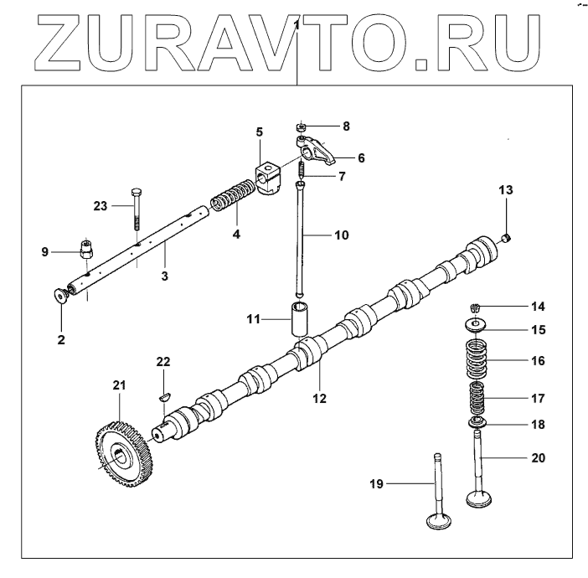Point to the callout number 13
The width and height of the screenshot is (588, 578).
[x=503, y=191]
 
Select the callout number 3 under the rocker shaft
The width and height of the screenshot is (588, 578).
[x=164, y=276]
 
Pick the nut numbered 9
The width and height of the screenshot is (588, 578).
[x=84, y=248]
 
